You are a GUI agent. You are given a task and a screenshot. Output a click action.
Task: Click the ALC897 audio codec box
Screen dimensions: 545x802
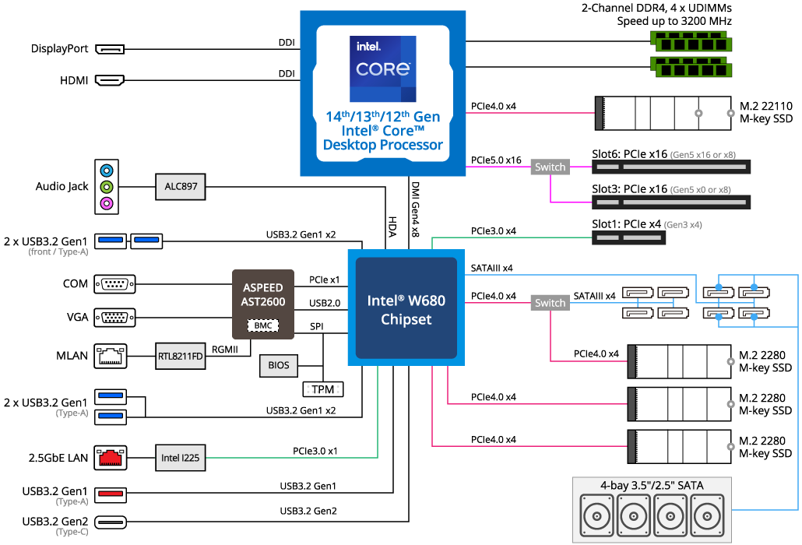coord(181,187)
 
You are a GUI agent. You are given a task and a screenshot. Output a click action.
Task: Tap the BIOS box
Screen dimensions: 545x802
coord(278,365)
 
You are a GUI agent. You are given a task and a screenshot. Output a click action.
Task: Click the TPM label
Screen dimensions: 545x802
coord(322,389)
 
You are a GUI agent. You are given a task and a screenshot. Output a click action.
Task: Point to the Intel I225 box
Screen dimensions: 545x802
coord(181,458)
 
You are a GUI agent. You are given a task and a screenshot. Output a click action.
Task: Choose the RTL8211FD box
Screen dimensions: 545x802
coord(181,357)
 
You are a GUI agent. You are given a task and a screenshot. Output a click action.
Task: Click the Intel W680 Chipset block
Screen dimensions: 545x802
coord(406,308)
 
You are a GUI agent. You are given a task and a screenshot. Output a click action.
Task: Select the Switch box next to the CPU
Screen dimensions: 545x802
coord(550,167)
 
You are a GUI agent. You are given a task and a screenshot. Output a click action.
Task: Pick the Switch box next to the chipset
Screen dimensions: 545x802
coord(550,303)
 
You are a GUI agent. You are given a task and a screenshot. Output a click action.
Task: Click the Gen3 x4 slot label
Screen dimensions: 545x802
coord(683,224)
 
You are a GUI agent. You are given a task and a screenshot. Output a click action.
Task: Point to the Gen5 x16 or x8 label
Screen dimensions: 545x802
coord(702,155)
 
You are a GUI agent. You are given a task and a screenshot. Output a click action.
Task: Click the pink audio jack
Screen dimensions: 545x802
coord(107,204)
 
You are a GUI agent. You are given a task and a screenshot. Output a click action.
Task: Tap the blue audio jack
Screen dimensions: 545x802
coord(107,171)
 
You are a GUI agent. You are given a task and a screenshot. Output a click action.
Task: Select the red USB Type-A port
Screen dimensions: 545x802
coord(111,494)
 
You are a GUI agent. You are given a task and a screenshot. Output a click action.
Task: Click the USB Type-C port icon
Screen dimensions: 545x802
coord(111,522)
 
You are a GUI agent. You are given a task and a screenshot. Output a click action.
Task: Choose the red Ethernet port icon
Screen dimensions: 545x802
coord(111,458)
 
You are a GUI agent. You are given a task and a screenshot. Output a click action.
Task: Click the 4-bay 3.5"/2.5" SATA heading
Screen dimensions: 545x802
coord(652,486)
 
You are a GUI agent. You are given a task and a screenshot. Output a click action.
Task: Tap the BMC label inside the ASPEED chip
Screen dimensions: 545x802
coord(263,325)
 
